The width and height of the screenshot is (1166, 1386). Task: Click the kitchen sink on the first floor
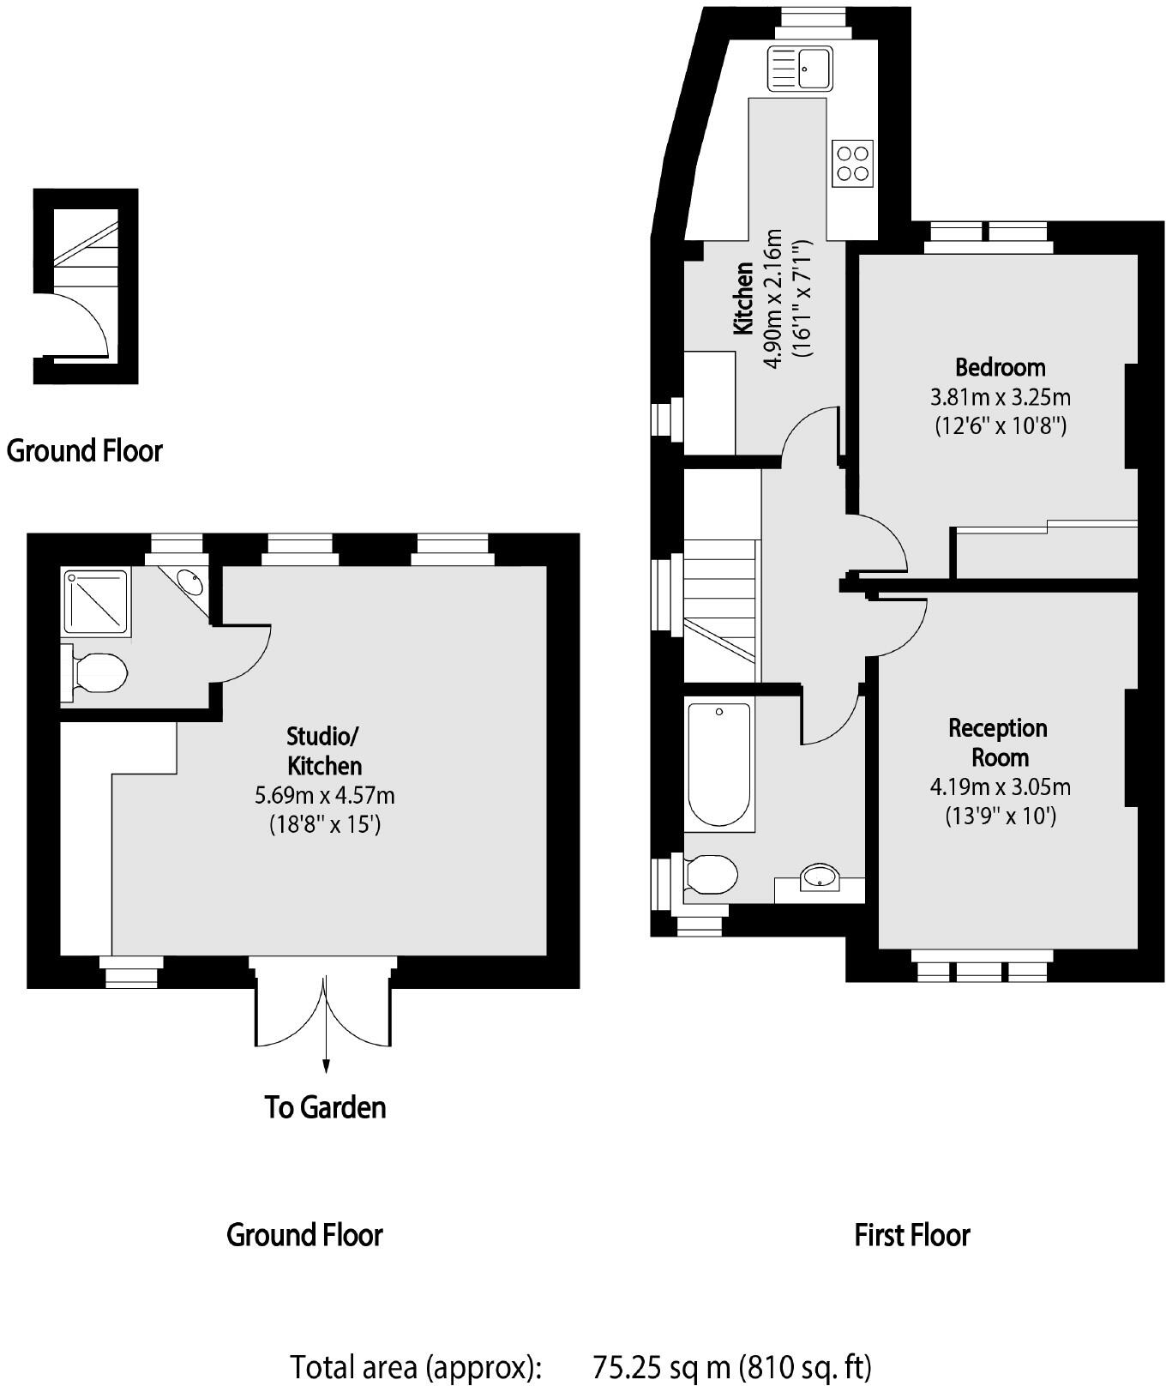tap(801, 68)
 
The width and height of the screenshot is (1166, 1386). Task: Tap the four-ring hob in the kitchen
tap(852, 163)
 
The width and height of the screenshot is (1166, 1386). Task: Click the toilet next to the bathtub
tap(712, 875)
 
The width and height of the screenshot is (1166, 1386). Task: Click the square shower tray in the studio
tap(96, 601)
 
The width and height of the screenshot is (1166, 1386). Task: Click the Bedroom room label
tap(1000, 367)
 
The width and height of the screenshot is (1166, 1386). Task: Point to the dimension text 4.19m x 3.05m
tap(1000, 786)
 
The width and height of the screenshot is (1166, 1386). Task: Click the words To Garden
tap(325, 1107)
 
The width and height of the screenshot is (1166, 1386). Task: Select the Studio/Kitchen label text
tap(324, 750)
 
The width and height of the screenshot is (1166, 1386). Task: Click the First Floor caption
tap(911, 1235)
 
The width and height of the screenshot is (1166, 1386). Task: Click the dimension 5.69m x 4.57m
tap(324, 795)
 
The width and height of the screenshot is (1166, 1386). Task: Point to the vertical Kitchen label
tap(742, 299)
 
